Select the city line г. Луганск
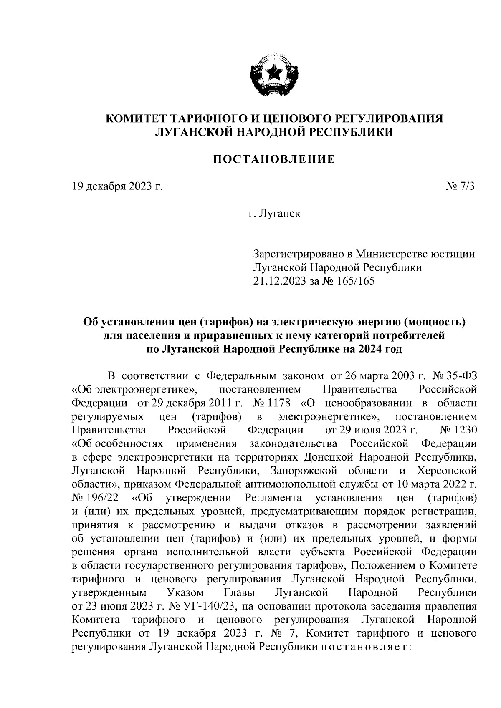[x=274, y=214]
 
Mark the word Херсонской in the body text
[x=447, y=471]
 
